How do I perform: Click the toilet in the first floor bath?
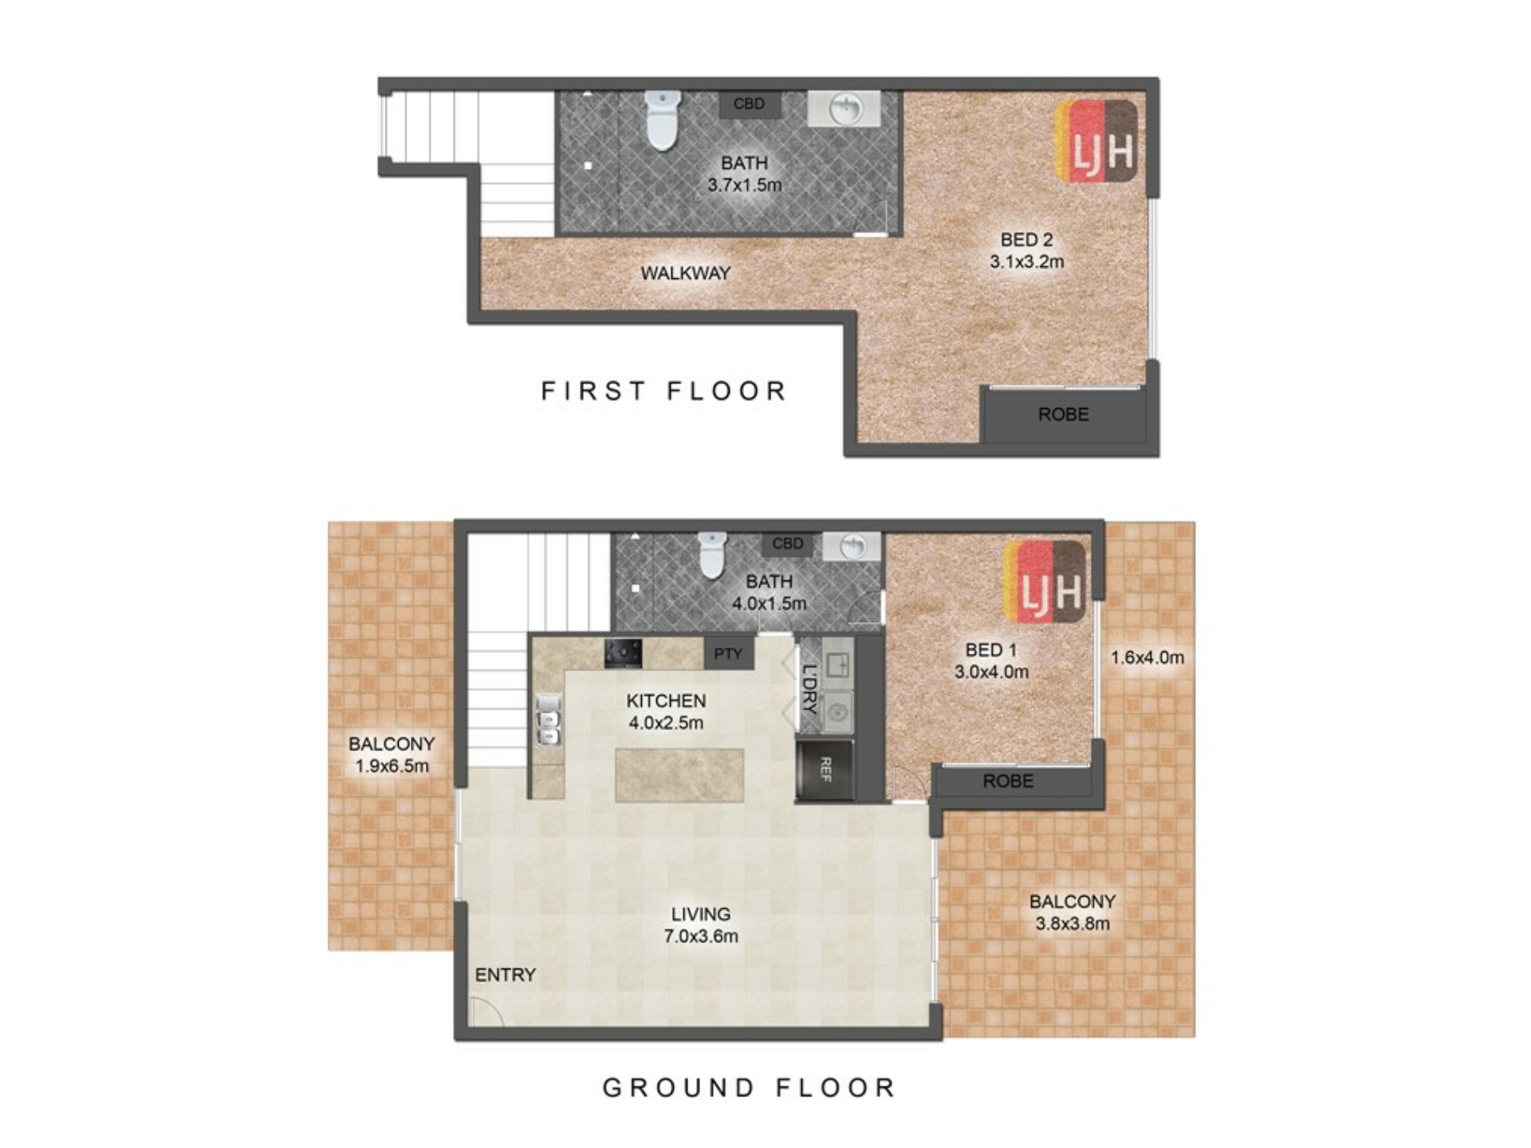[x=663, y=120]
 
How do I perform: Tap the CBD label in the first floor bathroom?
[x=749, y=104]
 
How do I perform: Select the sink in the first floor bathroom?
[x=844, y=108]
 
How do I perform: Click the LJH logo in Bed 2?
[x=1096, y=142]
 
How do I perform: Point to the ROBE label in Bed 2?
[x=1063, y=415]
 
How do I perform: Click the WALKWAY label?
[x=686, y=273]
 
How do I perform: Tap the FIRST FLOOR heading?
[x=664, y=391]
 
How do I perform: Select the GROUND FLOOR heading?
[x=750, y=1087]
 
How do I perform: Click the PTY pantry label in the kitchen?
[x=728, y=654]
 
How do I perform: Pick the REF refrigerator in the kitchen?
[x=825, y=770]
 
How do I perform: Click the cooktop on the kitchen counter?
[x=623, y=653]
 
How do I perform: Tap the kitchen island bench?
[x=679, y=775]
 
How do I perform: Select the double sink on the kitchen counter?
[x=549, y=719]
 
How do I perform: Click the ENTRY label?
[x=506, y=975]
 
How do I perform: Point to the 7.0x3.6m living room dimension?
[x=701, y=936]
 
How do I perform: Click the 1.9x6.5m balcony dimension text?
[x=392, y=766]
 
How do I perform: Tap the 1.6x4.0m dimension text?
[x=1147, y=658]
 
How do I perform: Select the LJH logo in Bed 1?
[x=1045, y=581]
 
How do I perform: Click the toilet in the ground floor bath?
[x=712, y=555]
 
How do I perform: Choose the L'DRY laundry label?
[x=810, y=688]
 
